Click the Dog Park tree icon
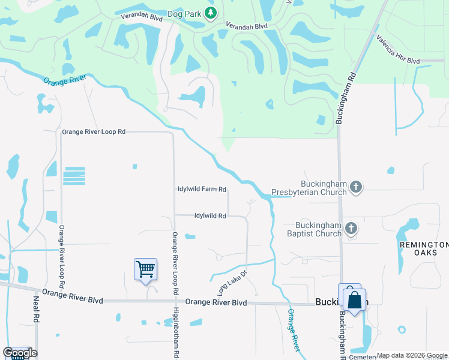(x=210, y=13)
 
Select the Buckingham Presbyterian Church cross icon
(x=356, y=187)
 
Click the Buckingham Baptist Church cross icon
(x=352, y=228)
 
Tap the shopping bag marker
(x=355, y=299)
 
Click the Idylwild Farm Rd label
(x=202, y=190)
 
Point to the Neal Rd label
(x=36, y=310)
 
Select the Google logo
(x=20, y=353)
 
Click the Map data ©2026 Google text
(x=412, y=355)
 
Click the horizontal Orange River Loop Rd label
(x=94, y=131)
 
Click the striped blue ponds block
(x=74, y=176)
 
